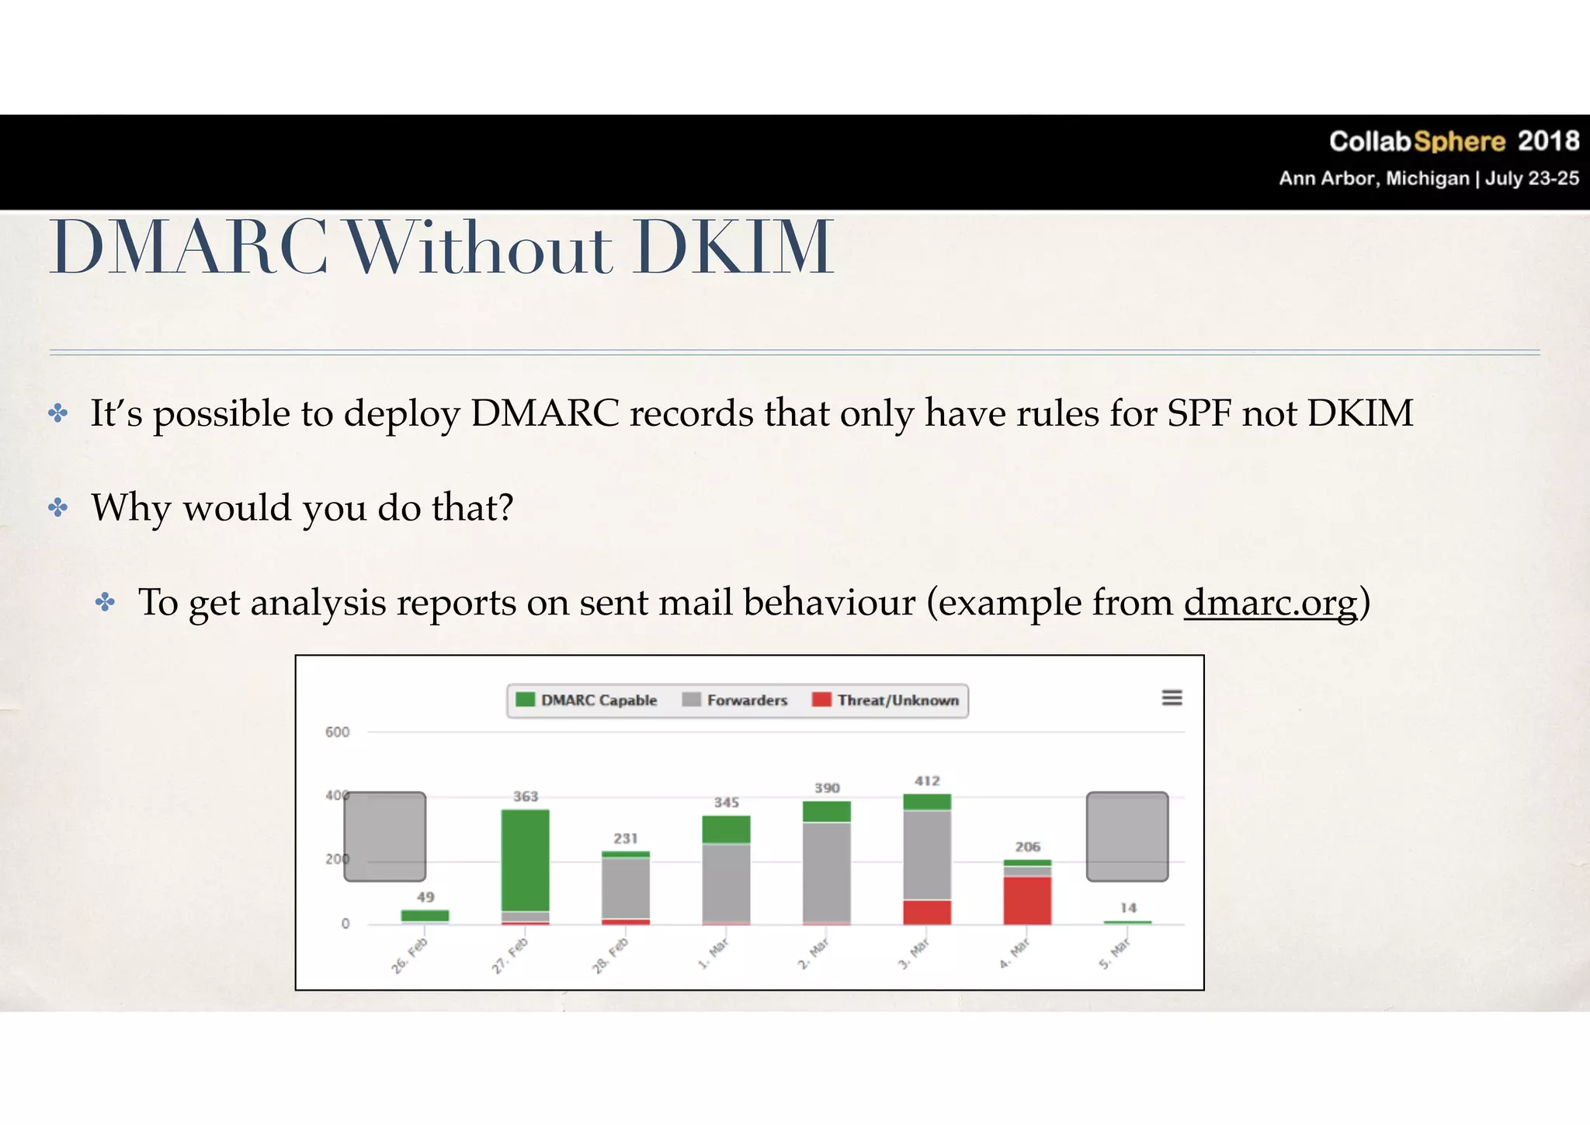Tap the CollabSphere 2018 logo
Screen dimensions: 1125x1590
click(1453, 141)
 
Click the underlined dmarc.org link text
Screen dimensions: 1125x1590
click(1271, 603)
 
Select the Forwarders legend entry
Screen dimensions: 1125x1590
click(735, 700)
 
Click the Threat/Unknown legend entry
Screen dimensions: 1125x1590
click(886, 700)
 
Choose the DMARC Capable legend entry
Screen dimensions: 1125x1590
click(587, 700)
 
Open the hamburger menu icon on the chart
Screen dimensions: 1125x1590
click(1172, 698)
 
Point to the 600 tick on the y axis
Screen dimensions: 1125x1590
click(337, 732)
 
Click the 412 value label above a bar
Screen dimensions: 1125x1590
click(927, 781)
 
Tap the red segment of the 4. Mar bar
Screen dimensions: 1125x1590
click(1027, 900)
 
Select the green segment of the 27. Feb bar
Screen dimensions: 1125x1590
click(526, 860)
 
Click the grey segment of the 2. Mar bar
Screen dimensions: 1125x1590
click(827, 872)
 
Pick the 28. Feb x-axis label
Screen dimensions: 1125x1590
click(610, 956)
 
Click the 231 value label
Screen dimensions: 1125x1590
click(626, 838)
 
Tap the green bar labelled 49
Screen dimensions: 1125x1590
click(425, 915)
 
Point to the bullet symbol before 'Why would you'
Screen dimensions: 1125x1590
click(58, 508)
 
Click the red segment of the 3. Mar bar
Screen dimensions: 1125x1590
click(927, 912)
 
